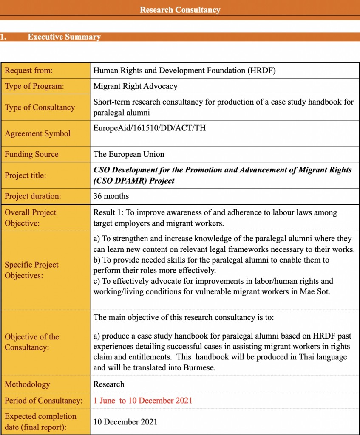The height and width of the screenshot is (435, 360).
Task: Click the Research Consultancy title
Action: tap(180, 10)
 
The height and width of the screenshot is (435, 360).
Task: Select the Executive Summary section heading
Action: tap(64, 37)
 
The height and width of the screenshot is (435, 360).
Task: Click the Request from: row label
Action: tap(28, 71)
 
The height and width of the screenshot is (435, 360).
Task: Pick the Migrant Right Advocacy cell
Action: tap(135, 86)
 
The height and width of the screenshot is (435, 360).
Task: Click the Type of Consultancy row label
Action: tap(40, 107)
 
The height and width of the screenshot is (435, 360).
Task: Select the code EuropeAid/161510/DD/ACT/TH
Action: tap(149, 128)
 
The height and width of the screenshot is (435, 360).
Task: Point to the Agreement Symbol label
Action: tap(37, 133)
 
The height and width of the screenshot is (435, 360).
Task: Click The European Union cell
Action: tap(128, 154)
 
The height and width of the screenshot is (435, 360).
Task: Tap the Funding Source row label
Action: tap(31, 154)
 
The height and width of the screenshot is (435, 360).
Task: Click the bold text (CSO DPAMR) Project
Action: tap(134, 181)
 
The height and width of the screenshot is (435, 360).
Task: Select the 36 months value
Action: tap(111, 196)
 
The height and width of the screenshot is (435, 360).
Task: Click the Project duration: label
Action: tap(33, 196)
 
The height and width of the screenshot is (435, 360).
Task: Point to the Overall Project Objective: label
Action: tap(30, 217)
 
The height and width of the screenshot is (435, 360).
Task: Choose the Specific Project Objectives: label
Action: tap(31, 270)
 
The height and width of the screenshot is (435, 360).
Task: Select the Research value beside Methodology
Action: tap(109, 384)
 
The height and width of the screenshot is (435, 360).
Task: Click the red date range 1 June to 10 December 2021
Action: tap(143, 401)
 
